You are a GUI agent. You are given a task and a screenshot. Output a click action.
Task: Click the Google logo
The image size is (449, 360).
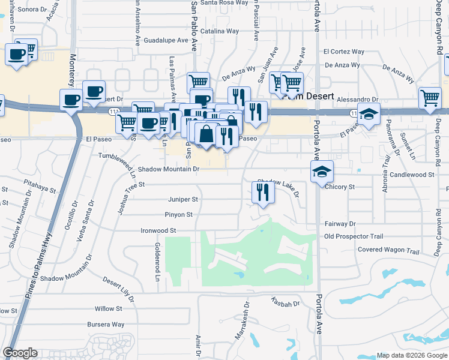(20, 353)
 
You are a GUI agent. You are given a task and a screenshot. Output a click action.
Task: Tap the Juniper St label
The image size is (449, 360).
(182, 199)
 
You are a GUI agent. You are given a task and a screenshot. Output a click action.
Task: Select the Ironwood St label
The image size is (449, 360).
(158, 230)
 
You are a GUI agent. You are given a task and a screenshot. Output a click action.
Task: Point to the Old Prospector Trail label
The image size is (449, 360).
(354, 236)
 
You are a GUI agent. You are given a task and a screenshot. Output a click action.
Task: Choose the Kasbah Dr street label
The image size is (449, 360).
(285, 304)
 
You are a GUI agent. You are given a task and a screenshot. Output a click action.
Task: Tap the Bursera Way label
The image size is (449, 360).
(105, 325)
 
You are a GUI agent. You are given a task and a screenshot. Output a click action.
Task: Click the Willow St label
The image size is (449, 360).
(108, 309)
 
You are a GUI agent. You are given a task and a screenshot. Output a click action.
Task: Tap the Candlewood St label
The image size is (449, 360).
(411, 175)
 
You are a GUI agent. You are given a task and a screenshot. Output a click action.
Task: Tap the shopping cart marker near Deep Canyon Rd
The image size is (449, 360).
(430, 98)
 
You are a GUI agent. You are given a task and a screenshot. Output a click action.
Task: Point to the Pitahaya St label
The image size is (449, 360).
(41, 190)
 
